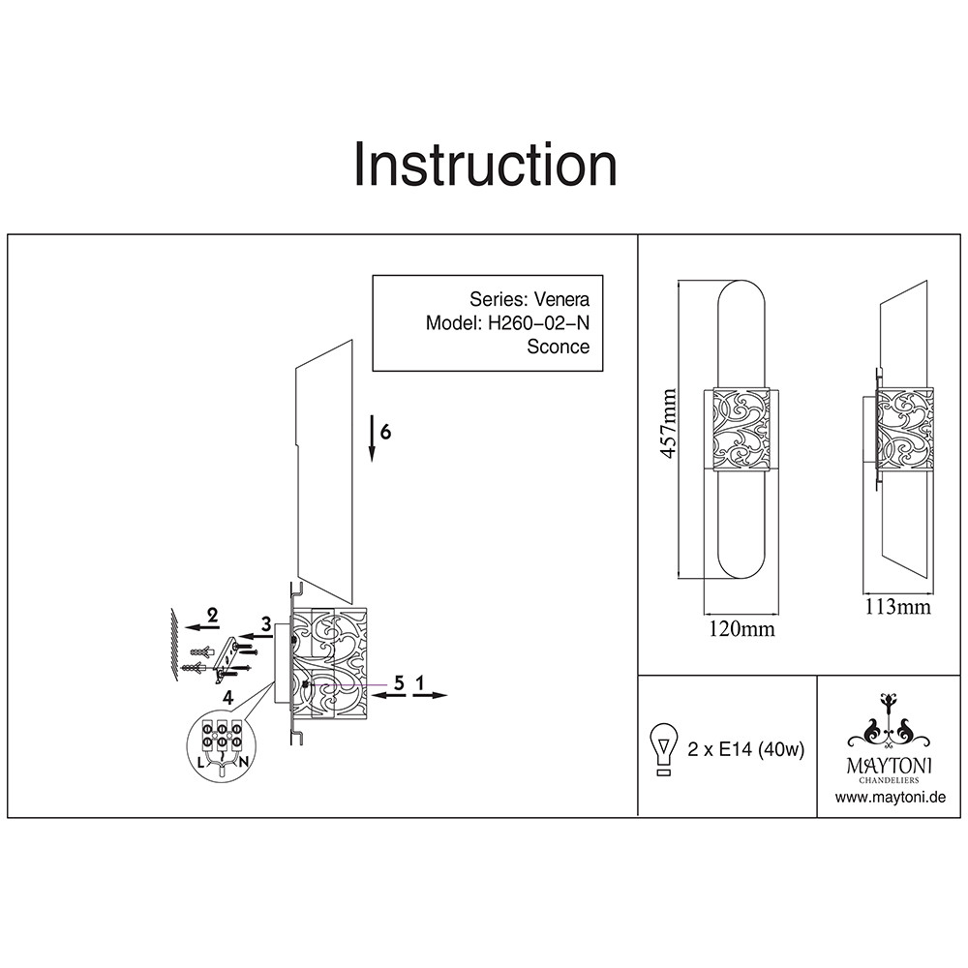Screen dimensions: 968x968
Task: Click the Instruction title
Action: tap(485, 165)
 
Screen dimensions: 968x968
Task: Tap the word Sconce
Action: tap(558, 347)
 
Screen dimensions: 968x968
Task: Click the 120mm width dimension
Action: tap(742, 629)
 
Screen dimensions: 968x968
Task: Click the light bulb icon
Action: tap(663, 748)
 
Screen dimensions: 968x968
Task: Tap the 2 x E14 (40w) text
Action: tap(745, 749)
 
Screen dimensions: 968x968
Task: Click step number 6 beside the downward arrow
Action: tap(385, 432)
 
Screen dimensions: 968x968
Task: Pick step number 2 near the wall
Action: tap(212, 614)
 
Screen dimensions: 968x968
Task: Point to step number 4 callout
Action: tap(227, 697)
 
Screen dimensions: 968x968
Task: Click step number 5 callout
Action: tap(398, 681)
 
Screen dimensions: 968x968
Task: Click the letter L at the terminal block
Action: tap(200, 762)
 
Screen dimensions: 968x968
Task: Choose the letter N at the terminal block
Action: tap(244, 762)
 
